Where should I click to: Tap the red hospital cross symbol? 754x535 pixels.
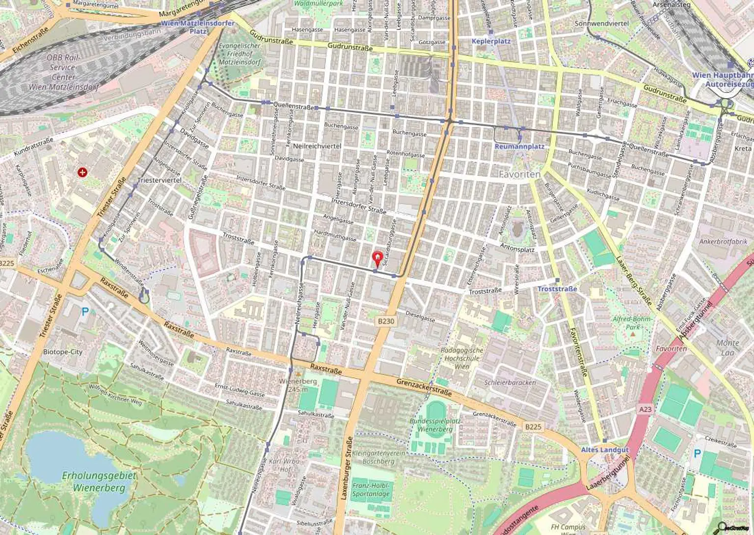[x=82, y=172]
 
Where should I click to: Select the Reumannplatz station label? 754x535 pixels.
[x=519, y=146]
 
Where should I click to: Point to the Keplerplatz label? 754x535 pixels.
[x=491, y=41]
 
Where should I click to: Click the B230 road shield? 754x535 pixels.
[x=386, y=321]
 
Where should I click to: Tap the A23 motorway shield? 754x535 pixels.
[x=646, y=409]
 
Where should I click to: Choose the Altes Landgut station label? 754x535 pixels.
[x=604, y=450]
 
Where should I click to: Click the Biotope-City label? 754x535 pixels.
[x=63, y=352]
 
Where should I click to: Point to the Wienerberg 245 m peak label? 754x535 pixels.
[x=298, y=385]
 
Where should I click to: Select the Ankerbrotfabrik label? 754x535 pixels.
[x=723, y=242]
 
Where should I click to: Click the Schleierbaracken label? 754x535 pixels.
[x=510, y=382]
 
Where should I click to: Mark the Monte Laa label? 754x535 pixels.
[x=727, y=347]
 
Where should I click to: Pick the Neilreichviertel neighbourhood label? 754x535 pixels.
[x=317, y=146]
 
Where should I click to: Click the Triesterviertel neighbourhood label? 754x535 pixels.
[x=160, y=180]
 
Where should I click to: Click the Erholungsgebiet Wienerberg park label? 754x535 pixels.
[x=99, y=481]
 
